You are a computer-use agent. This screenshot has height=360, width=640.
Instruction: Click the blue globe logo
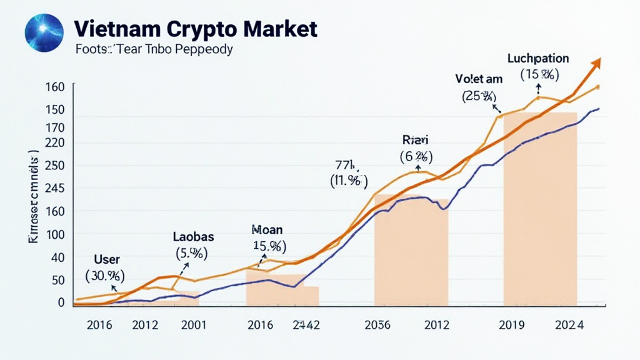point(44,33)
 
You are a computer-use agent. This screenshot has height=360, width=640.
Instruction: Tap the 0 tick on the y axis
point(61,302)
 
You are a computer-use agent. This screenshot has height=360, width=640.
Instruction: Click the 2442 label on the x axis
point(306,325)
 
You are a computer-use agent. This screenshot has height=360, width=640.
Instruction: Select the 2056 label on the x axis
point(377,325)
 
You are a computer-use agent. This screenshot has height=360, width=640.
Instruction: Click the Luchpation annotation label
point(538,59)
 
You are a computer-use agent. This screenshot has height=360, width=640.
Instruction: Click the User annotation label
point(106,259)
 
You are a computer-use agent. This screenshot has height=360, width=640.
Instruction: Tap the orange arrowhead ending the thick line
point(596,62)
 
